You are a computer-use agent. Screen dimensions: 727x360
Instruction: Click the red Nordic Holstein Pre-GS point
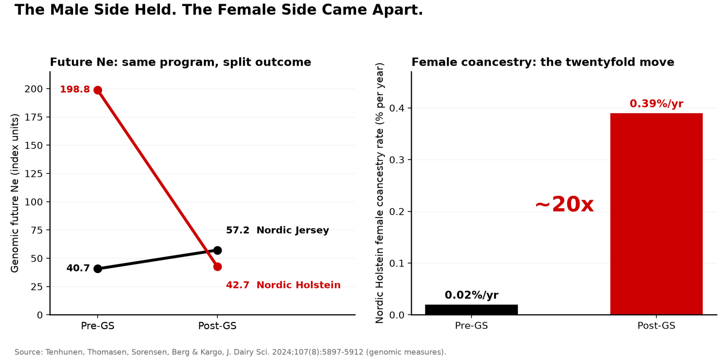click(x=98, y=90)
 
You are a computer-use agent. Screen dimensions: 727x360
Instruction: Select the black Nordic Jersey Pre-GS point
click(x=98, y=269)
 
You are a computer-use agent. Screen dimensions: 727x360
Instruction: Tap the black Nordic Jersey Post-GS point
click(x=217, y=250)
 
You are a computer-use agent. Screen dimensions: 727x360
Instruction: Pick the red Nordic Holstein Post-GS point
click(x=217, y=267)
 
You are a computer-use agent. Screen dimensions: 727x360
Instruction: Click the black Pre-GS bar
click(x=471, y=309)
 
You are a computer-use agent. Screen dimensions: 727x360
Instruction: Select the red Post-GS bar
click(x=656, y=214)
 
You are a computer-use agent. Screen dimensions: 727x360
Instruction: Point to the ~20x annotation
click(x=565, y=204)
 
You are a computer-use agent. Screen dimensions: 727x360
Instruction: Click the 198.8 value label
click(x=75, y=89)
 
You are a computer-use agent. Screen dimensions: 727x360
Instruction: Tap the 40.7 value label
click(x=78, y=268)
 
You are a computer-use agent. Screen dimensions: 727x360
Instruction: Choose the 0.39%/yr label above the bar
click(x=656, y=104)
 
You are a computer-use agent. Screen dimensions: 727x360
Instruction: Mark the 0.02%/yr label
click(x=471, y=295)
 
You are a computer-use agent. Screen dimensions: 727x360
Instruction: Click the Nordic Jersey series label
click(x=293, y=230)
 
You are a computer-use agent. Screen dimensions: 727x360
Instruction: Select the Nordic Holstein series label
click(x=299, y=285)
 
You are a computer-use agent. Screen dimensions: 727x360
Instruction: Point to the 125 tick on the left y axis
click(x=33, y=173)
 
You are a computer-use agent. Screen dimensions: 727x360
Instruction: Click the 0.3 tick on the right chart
click(x=397, y=160)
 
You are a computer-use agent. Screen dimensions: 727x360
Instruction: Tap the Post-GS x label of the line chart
click(x=217, y=326)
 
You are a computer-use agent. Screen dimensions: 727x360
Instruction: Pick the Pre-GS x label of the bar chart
click(x=471, y=326)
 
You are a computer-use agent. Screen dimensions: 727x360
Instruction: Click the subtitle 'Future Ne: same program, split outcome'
click(x=181, y=62)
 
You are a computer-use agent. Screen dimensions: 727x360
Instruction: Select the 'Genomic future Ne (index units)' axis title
click(x=15, y=193)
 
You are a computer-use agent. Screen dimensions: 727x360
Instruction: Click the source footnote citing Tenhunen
click(x=230, y=352)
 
